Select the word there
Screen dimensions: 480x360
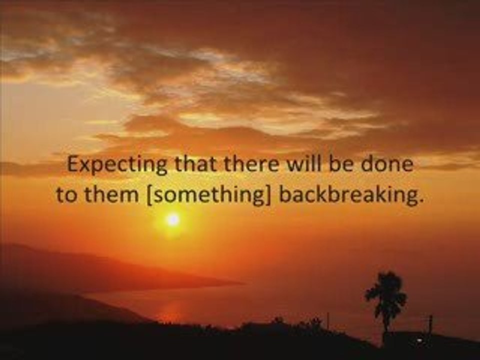(251, 164)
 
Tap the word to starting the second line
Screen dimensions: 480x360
(66, 195)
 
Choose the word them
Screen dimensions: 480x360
(111, 194)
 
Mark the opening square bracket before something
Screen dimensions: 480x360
(149, 196)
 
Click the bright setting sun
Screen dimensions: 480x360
(173, 220)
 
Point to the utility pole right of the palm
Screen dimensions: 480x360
(430, 327)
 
